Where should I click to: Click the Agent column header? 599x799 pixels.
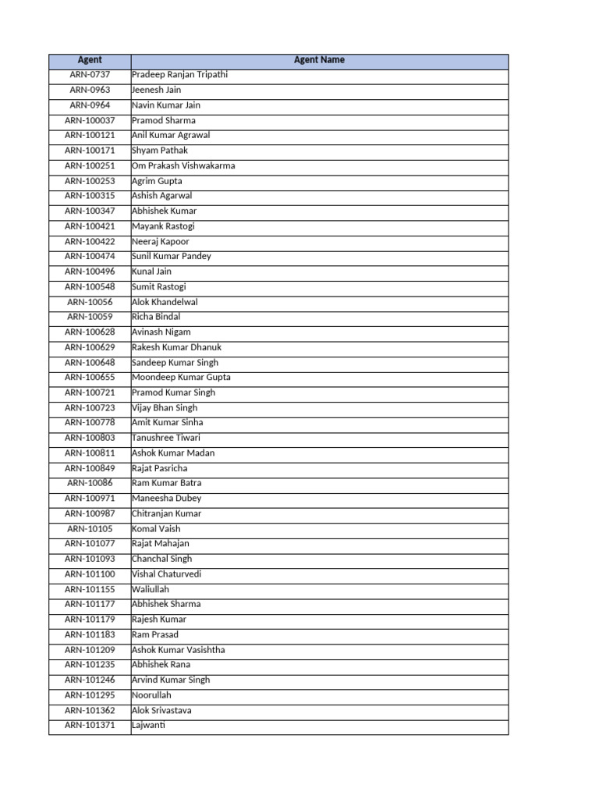tap(90, 60)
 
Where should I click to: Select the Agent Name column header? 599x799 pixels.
tap(319, 60)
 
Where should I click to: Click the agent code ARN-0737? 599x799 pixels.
tap(90, 75)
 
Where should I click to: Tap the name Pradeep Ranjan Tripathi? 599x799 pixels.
tap(180, 75)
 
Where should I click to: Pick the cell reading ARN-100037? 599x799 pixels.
tap(90, 120)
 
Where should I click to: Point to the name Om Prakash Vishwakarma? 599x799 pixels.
tap(183, 165)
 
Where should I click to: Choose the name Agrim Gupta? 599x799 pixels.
tap(158, 181)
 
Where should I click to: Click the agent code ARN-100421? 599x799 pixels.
tap(90, 226)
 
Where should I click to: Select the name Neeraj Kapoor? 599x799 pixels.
tap(161, 241)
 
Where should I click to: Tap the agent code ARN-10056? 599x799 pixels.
tap(90, 302)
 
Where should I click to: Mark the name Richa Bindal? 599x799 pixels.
tap(157, 317)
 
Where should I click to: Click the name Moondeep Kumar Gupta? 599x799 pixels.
tap(182, 378)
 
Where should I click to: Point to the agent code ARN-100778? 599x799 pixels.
tap(90, 423)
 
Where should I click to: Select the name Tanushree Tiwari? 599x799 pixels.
tap(166, 438)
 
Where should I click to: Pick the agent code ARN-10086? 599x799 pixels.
tap(90, 483)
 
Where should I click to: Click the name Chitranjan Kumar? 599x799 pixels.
tap(167, 513)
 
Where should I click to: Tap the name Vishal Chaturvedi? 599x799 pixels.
tap(167, 574)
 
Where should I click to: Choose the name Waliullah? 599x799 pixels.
tap(151, 589)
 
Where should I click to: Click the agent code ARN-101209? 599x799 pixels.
tap(90, 650)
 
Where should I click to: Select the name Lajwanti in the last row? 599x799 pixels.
tap(149, 726)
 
